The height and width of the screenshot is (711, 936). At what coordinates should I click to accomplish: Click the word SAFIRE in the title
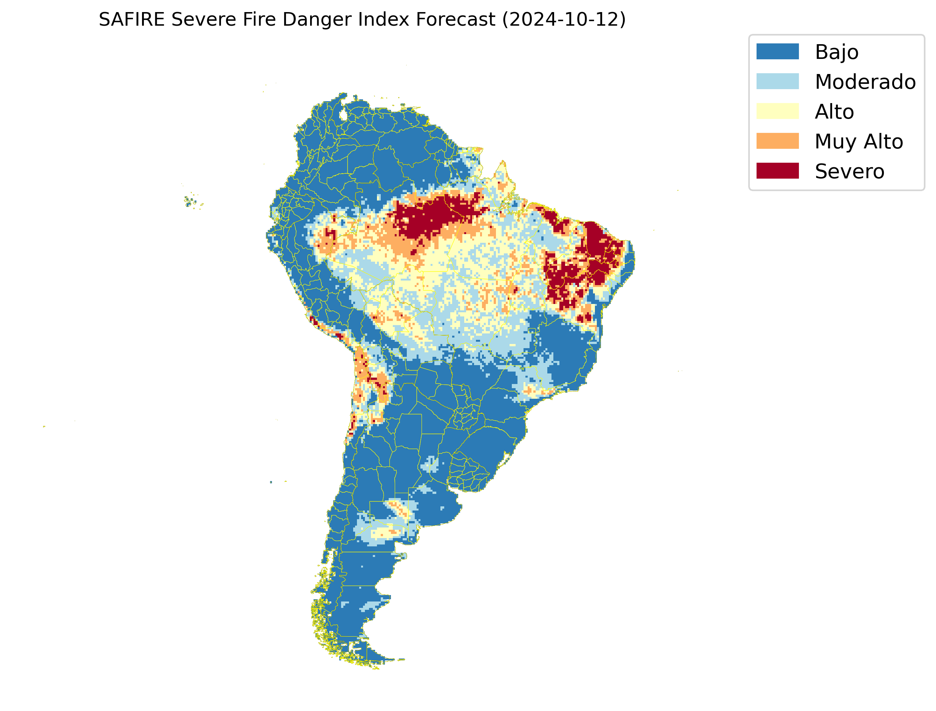(x=131, y=20)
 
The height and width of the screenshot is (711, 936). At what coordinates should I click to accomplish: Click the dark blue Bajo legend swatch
(x=777, y=52)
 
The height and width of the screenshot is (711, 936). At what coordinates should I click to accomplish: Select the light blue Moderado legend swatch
(x=777, y=81)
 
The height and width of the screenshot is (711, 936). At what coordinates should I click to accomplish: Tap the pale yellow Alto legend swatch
(x=777, y=111)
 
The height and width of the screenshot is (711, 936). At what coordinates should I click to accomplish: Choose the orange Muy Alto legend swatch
(x=777, y=141)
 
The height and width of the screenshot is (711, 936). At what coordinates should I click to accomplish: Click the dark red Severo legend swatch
(x=777, y=171)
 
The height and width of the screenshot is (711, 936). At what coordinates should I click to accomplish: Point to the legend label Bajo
(x=837, y=52)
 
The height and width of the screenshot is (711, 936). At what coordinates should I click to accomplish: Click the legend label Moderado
(x=865, y=82)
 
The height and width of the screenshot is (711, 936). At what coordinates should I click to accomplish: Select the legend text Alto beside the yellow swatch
(x=834, y=112)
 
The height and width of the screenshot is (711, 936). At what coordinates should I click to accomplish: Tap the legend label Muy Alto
(x=859, y=141)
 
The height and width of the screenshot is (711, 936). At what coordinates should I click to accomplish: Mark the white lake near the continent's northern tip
(x=343, y=115)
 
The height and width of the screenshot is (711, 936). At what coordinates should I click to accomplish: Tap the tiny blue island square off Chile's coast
(x=271, y=482)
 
